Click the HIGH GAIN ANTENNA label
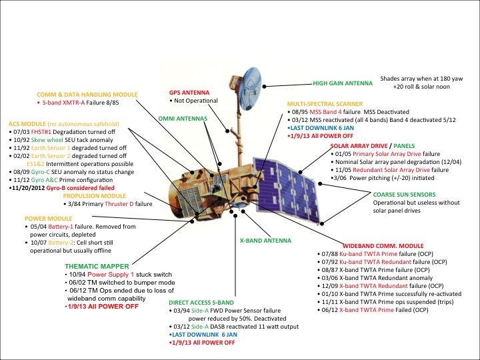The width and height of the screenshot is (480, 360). tap(345, 85)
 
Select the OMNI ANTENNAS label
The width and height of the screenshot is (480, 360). tap(179, 117)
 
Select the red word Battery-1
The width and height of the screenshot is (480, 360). tap(70, 227)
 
